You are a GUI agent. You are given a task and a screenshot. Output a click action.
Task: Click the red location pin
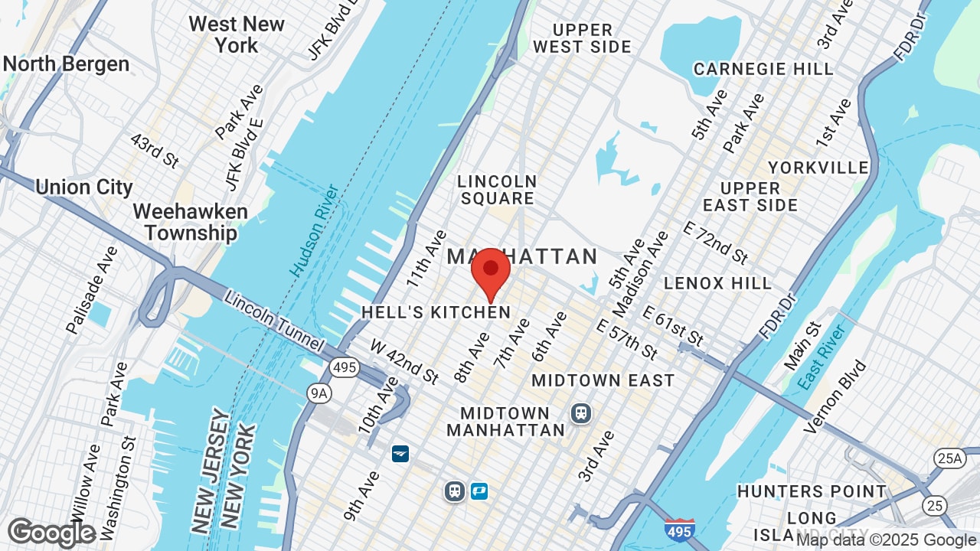pyautogui.click(x=491, y=273)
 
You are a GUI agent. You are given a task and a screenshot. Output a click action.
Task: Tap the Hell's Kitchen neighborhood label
pyautogui.click(x=436, y=312)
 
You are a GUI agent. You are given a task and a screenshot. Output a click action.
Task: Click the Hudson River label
pyautogui.click(x=315, y=230)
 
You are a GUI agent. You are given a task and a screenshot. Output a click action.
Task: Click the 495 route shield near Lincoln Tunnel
pyautogui.click(x=345, y=367)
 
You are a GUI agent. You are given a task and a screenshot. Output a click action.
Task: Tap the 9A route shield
pyautogui.click(x=319, y=393)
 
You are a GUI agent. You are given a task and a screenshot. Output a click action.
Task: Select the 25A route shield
pyautogui.click(x=948, y=458)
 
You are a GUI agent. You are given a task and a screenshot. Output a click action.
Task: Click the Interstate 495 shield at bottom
pyautogui.click(x=680, y=530)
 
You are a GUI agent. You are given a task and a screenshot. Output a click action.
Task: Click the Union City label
pyautogui.click(x=84, y=187)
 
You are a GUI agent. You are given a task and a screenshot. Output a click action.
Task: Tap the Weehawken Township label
pyautogui.click(x=185, y=222)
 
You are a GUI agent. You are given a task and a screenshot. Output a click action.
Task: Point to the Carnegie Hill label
pyautogui.click(x=763, y=69)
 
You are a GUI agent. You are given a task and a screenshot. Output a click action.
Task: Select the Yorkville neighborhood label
pyautogui.click(x=818, y=168)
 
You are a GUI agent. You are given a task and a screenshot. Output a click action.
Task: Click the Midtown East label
pyautogui.click(x=603, y=380)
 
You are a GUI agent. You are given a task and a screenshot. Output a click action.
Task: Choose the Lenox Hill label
pyautogui.click(x=718, y=283)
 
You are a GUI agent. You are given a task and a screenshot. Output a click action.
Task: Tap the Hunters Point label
pyautogui.click(x=812, y=491)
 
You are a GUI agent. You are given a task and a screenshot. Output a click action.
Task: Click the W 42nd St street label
pyautogui.click(x=404, y=362)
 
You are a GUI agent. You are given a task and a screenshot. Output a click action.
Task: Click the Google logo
pyautogui.click(x=51, y=533)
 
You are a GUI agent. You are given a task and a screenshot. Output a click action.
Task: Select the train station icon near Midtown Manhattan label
pyautogui.click(x=581, y=413)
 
